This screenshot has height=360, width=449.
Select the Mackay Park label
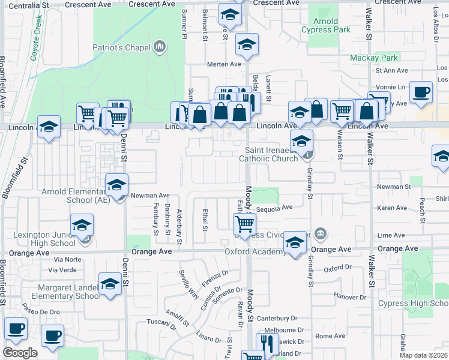375,58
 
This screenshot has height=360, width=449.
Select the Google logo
20,352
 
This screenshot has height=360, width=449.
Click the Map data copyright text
423,355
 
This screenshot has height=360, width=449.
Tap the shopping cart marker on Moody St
244,224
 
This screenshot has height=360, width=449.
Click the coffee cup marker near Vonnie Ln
421,92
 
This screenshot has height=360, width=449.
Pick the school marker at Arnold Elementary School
116,184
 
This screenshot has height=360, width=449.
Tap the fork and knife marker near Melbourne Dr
265,343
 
